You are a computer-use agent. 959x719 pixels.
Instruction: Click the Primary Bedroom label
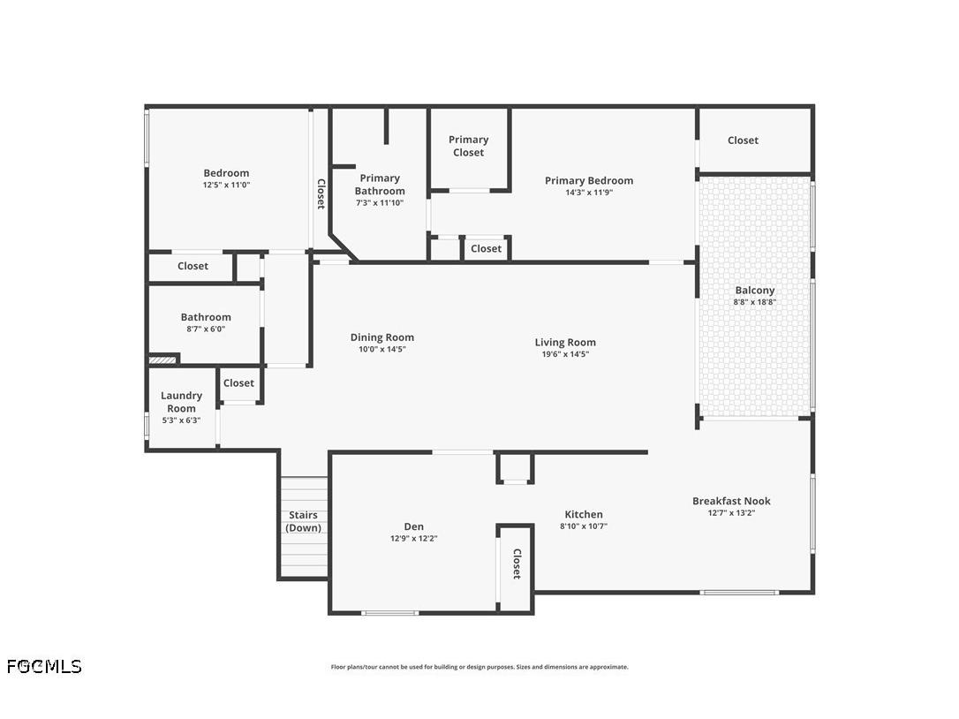point(588,180)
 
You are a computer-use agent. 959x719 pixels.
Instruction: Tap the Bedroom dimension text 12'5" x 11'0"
point(226,185)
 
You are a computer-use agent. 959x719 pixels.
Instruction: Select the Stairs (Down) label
point(303,521)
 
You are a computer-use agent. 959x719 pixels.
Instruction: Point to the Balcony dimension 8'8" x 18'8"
point(754,302)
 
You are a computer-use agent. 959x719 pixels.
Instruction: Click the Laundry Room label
point(181,402)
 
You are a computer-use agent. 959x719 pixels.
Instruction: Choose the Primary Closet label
point(468,146)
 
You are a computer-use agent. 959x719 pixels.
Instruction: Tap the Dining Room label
point(381,337)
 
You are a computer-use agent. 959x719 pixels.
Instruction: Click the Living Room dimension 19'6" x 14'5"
point(564,354)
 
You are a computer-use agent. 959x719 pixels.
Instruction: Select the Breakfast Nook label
point(731,501)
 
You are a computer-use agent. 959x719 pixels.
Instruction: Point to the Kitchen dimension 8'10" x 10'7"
point(583,526)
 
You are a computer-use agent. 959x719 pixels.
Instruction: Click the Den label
point(413,526)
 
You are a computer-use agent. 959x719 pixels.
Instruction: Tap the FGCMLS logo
point(44,666)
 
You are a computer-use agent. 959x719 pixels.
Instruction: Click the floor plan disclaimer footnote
point(479,667)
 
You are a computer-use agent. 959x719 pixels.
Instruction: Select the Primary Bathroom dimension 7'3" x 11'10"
point(380,203)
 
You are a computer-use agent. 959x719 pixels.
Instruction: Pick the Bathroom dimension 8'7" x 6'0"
point(206,329)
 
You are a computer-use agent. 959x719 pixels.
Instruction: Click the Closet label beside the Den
point(517,564)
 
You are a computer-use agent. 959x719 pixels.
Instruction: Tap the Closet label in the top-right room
point(743,140)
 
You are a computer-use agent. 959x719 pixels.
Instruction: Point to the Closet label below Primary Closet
point(486,249)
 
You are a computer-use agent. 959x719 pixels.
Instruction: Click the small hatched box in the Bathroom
point(162,359)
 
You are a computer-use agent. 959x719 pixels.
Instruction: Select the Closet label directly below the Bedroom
point(193,266)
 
